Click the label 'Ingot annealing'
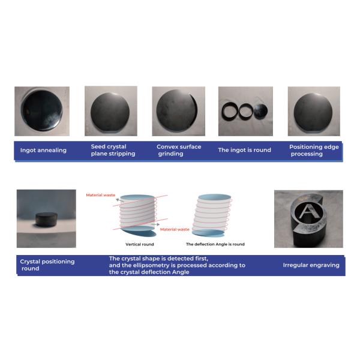coord(43,150)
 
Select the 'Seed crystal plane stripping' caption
coord(113,150)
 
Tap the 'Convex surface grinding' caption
coord(179,150)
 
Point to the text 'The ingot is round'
coord(245,150)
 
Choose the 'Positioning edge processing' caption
coord(314,150)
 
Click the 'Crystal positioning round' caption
coord(47,265)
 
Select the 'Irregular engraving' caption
coord(311,265)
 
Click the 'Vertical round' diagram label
coord(140,244)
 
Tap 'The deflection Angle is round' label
coord(215,244)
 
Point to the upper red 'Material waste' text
coord(101,195)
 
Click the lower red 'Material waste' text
coord(175,229)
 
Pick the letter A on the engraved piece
coord(309,212)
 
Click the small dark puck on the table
coord(47,220)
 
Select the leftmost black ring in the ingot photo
coord(230,112)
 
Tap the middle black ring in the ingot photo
coord(246,112)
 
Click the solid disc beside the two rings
coord(260,111)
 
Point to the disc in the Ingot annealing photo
coord(42,110)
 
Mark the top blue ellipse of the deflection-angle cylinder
coord(214,197)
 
